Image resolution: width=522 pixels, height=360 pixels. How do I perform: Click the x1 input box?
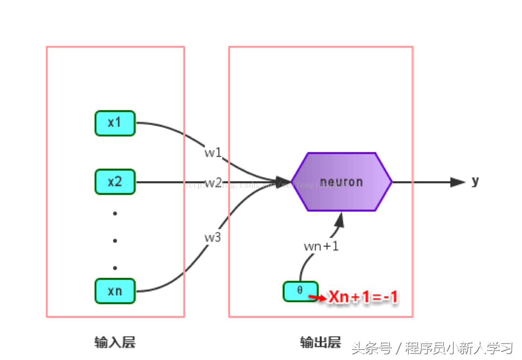click(x=115, y=123)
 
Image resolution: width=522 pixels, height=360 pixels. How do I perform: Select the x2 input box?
click(x=115, y=182)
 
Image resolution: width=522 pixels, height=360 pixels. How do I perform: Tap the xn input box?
click(x=115, y=291)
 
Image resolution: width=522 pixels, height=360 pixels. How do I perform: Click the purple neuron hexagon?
click(x=341, y=182)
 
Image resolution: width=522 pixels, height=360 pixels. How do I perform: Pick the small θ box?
click(x=300, y=291)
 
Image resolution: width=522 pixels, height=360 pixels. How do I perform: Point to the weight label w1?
click(x=213, y=153)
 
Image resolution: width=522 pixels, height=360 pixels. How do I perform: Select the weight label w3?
click(x=212, y=237)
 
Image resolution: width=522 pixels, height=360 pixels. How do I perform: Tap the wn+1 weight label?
click(x=321, y=246)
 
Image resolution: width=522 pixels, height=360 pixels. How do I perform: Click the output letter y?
click(x=475, y=181)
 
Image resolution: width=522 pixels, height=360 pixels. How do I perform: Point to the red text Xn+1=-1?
click(x=363, y=297)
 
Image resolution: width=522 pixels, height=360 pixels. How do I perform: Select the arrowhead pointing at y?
click(x=457, y=182)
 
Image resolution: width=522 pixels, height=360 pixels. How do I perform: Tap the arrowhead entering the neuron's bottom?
click(x=340, y=220)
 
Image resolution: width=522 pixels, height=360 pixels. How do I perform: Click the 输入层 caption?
click(x=115, y=342)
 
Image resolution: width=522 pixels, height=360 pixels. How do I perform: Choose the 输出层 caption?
click(x=320, y=342)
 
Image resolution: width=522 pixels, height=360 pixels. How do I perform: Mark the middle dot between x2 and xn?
click(x=115, y=241)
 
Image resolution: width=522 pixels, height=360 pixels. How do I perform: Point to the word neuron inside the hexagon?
click(x=341, y=182)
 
